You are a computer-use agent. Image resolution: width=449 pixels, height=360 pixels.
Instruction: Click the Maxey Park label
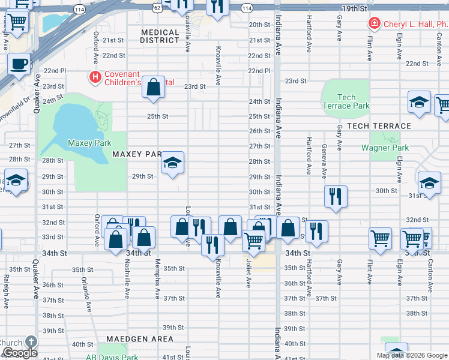point(87,143)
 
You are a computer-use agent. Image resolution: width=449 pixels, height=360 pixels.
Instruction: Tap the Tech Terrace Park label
point(346,101)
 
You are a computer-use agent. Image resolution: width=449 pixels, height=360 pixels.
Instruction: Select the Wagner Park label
point(385,148)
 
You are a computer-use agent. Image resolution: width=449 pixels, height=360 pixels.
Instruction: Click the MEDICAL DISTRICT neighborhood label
point(160,37)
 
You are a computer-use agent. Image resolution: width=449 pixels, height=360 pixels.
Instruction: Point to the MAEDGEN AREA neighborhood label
point(140,339)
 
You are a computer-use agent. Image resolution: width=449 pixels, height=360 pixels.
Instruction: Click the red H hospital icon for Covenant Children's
point(94,76)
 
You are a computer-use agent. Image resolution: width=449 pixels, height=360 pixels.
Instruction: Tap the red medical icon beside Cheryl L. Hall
point(374,24)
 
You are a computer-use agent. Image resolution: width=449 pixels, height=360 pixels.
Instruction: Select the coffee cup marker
point(19,63)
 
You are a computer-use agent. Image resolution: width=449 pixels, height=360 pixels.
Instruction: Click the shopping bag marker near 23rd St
point(154,87)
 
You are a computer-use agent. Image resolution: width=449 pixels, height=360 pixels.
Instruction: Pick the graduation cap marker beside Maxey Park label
point(172,163)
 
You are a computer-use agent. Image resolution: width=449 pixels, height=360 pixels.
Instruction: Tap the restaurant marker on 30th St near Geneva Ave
point(336,196)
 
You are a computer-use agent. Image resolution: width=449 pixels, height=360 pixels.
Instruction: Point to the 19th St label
point(355,8)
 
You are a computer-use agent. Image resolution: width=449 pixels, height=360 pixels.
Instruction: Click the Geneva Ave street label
point(324,161)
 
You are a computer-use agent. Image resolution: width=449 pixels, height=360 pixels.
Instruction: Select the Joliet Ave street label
point(247,274)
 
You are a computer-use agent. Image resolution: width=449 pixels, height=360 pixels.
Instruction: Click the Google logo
point(19,353)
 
